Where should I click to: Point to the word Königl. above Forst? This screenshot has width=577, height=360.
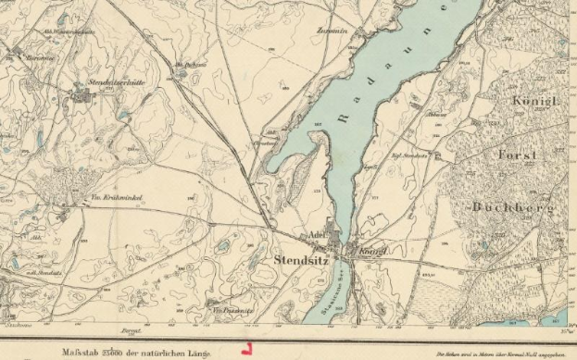pyautogui.click(x=534, y=99)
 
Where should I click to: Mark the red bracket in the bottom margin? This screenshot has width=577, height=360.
pyautogui.click(x=245, y=350)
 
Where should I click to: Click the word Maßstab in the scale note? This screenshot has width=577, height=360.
pyautogui.click(x=81, y=353)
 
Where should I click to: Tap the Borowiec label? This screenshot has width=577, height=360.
pyautogui.click(x=36, y=56)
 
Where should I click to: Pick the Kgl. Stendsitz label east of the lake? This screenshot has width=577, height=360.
pyautogui.click(x=409, y=155)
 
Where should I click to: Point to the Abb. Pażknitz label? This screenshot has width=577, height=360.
pyautogui.click(x=189, y=64)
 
